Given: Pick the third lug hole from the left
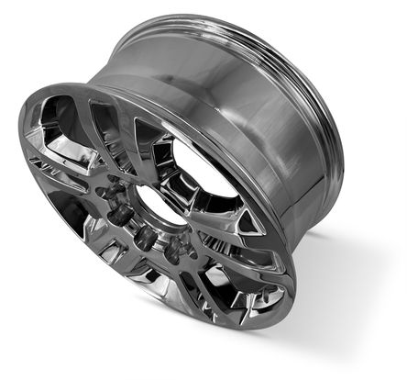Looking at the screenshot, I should (144, 238).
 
